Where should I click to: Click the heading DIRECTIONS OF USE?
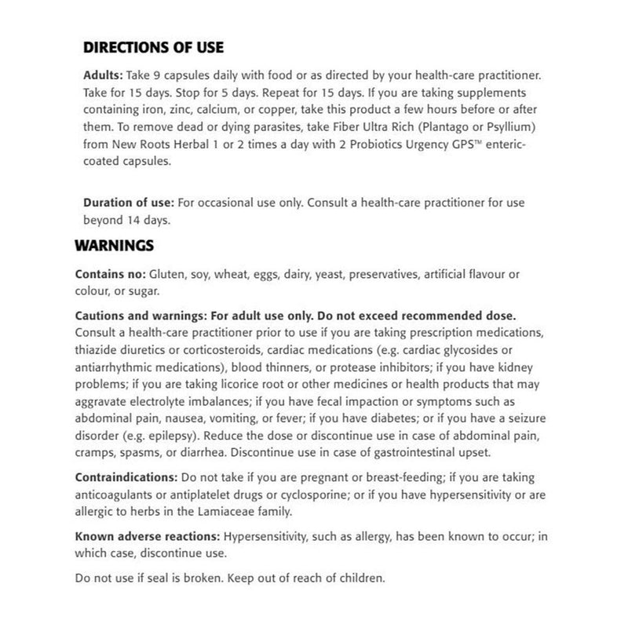153,47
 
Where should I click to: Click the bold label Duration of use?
129,203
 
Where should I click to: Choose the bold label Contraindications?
126,477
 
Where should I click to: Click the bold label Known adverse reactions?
148,538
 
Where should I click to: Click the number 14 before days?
136,221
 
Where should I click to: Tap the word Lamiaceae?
222,513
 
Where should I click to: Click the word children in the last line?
360,579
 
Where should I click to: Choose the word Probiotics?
308,145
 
